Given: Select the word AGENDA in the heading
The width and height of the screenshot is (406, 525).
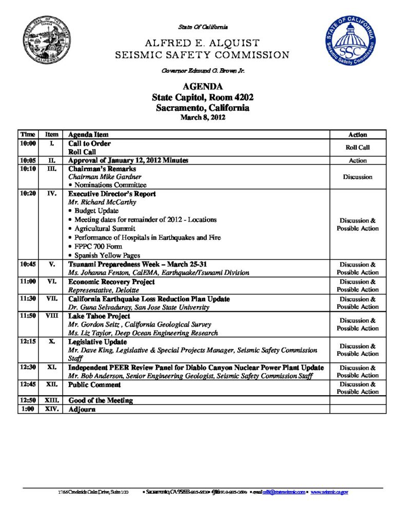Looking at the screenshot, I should click(x=203, y=87).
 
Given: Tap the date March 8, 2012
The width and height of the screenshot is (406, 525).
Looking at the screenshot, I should click(x=203, y=117).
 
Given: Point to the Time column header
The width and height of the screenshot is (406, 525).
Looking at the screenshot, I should click(x=27, y=134).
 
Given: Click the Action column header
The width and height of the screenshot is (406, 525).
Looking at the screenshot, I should click(x=357, y=135).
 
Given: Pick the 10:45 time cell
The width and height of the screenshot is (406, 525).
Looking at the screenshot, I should click(x=27, y=265).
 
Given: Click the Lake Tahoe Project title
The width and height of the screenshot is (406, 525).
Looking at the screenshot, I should click(x=99, y=316).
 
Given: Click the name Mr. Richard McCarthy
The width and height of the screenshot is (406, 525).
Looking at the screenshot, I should click(x=102, y=202).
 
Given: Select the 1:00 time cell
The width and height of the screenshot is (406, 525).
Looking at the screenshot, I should click(x=27, y=410).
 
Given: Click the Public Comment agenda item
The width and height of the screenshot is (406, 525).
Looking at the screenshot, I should click(x=94, y=385).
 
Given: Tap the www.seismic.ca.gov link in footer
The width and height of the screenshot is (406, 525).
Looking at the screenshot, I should click(x=330, y=492).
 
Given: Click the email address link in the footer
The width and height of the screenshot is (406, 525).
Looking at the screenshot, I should click(x=284, y=492).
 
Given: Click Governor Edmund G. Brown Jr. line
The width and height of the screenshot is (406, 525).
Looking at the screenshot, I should click(x=203, y=71).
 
